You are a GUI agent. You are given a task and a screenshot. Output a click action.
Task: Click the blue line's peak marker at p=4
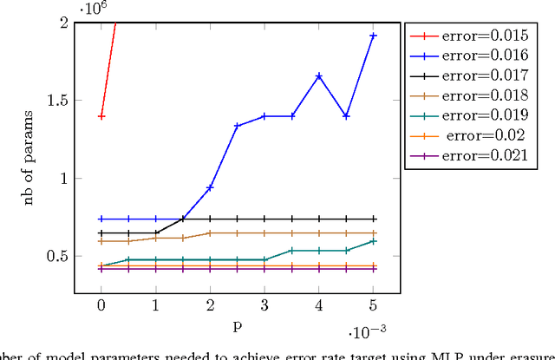[x=319, y=76]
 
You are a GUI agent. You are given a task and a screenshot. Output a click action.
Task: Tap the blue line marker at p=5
[x=374, y=36]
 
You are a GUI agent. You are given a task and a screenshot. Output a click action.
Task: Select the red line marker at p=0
[x=101, y=115]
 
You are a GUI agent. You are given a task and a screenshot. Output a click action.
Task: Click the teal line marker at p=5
[x=374, y=241]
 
